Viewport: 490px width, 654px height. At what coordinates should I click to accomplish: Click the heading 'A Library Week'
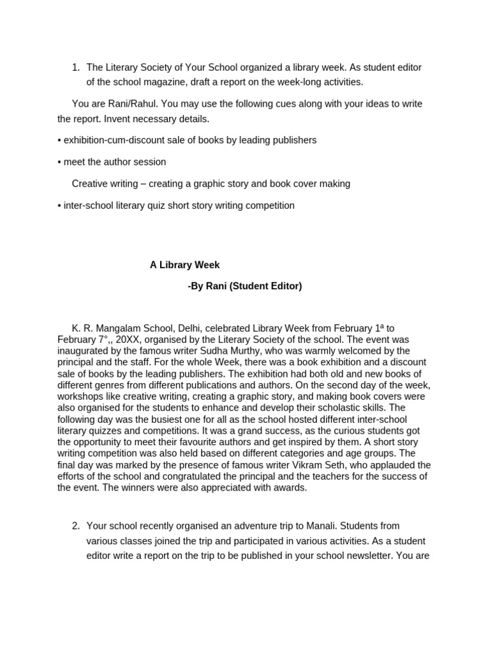click(x=184, y=265)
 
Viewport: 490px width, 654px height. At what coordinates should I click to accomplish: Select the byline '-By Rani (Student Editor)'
click(x=244, y=287)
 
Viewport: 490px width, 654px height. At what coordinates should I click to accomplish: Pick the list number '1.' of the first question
click(x=76, y=68)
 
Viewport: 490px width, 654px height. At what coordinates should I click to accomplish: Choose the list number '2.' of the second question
click(x=76, y=526)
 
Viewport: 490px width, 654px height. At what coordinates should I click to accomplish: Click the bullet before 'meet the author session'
click(x=59, y=162)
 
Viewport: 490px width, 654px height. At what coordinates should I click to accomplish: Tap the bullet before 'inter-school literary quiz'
click(x=59, y=206)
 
